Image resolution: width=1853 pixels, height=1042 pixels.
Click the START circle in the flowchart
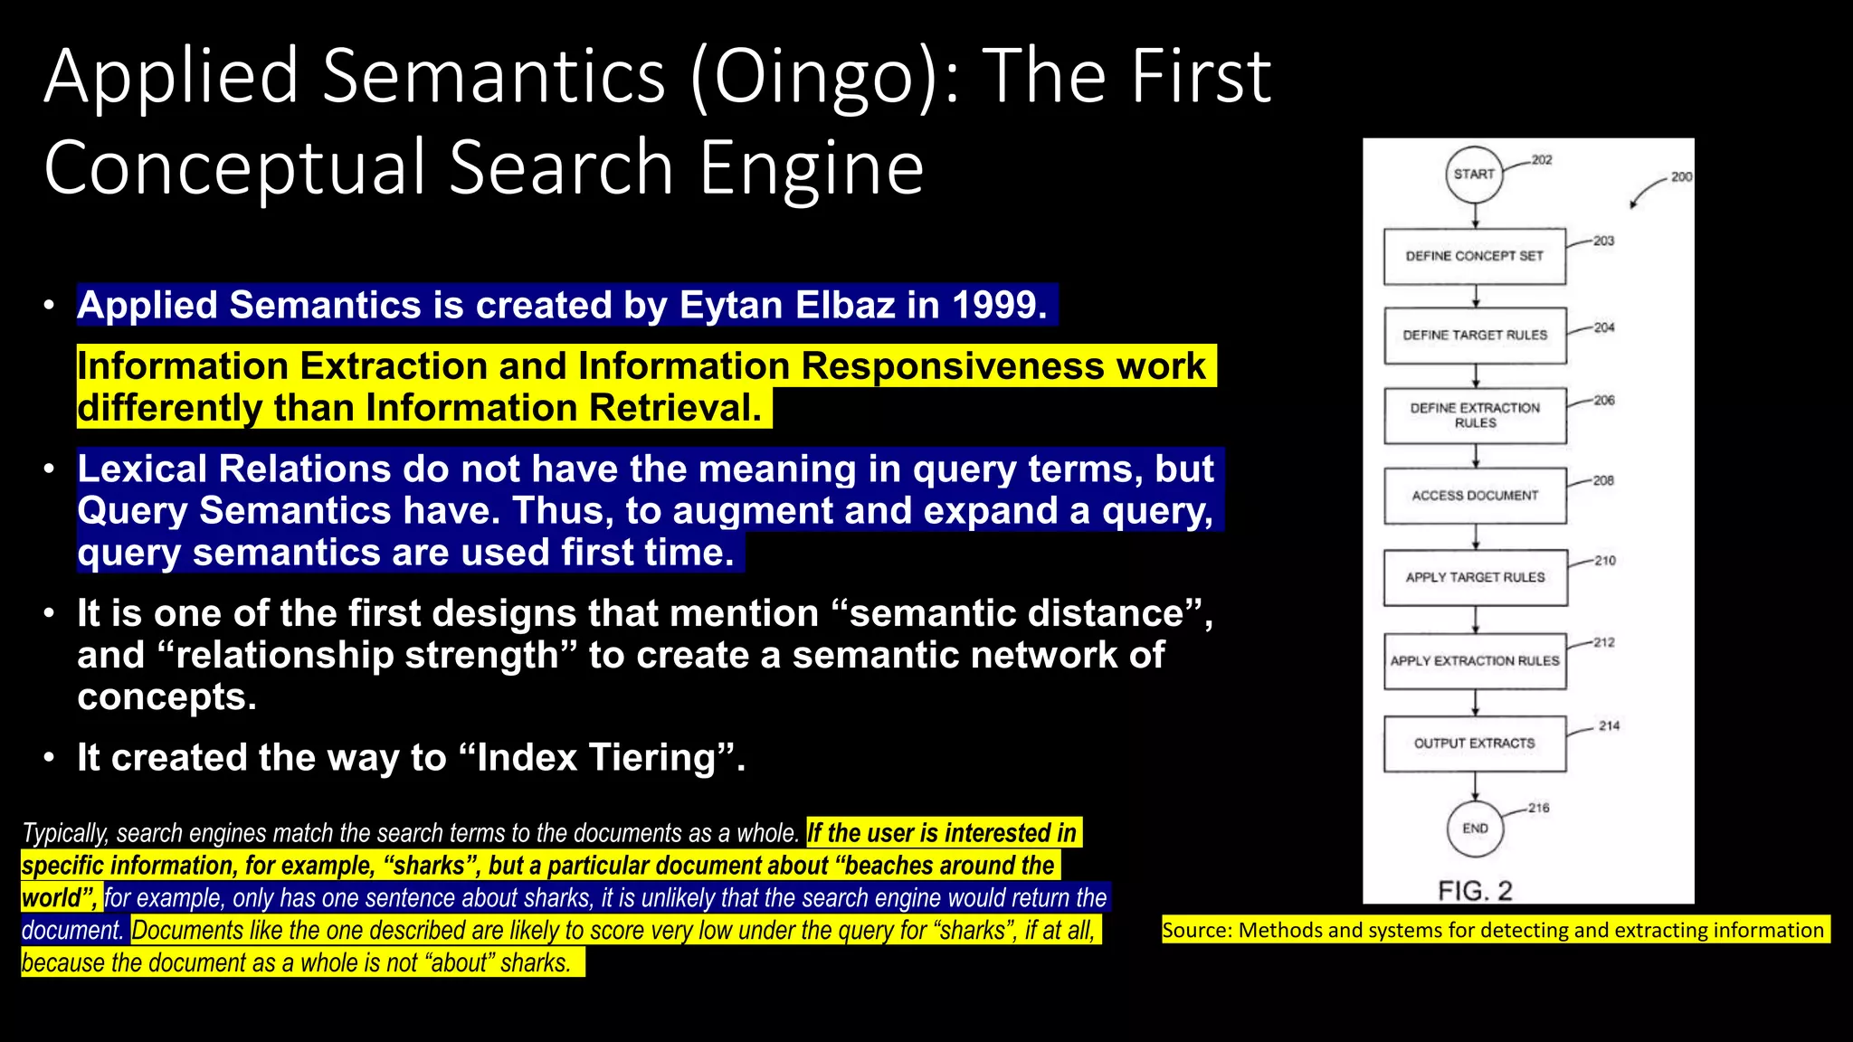point(1474,175)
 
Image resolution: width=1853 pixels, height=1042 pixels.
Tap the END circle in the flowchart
point(1475,829)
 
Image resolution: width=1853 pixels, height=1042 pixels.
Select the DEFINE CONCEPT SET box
point(1475,257)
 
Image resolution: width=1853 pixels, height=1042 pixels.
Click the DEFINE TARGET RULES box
point(1475,336)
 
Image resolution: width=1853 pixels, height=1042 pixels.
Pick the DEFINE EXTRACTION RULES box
point(1475,416)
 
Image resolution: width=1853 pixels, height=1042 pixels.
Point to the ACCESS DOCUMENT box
point(1475,496)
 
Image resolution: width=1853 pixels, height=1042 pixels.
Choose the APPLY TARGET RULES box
point(1475,578)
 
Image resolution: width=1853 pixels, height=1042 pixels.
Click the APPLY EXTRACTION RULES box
point(1475,661)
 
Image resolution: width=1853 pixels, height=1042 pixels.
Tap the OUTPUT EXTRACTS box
point(1475,744)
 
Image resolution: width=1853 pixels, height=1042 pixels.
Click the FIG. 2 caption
point(1475,891)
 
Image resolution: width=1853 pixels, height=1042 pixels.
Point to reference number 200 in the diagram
point(1681,177)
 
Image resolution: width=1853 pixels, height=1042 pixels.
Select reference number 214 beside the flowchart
point(1609,726)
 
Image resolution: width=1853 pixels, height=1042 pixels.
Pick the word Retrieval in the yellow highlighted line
point(675,409)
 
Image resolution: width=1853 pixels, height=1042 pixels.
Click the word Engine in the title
point(812,169)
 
